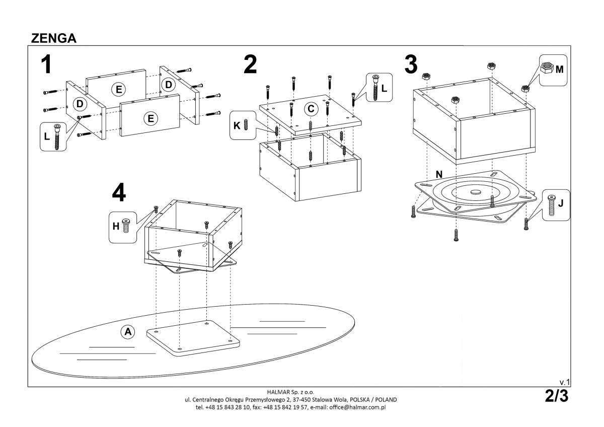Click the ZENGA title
[x=54, y=38]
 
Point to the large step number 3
[x=411, y=64]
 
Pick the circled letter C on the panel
[x=311, y=108]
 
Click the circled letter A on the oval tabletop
[x=128, y=331]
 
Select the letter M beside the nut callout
[x=559, y=69]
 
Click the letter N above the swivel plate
[x=439, y=174]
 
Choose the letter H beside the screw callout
[x=115, y=227]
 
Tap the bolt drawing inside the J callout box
[x=551, y=205]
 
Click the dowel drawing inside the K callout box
[x=246, y=124]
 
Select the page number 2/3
[x=557, y=396]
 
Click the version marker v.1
[x=564, y=383]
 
